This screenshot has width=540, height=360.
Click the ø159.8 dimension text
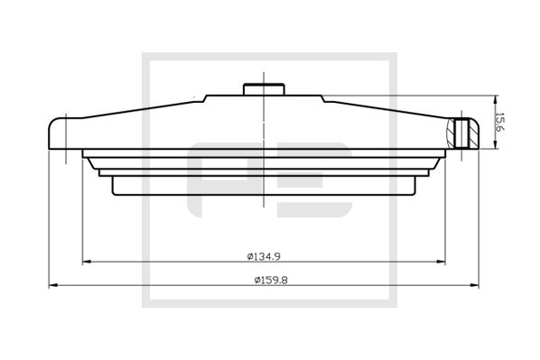[266, 279]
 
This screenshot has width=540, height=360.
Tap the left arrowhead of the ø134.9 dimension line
[87, 263]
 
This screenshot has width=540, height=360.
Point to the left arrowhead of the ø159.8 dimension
[52, 286]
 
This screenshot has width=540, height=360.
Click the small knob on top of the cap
[263, 88]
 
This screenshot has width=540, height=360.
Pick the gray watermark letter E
[316, 180]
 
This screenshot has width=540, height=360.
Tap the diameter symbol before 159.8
[250, 279]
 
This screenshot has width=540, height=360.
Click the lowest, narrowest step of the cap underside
[263, 186]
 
